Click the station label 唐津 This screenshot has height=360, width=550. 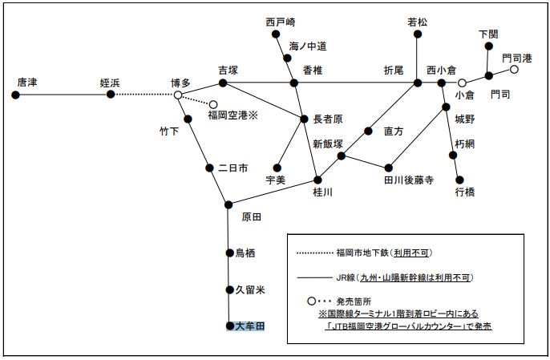click(x=27, y=82)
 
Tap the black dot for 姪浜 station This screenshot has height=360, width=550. click(x=111, y=95)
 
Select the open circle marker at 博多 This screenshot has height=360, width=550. click(x=178, y=95)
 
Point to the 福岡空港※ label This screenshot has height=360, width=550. click(x=231, y=115)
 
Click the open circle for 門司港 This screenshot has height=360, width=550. click(x=514, y=70)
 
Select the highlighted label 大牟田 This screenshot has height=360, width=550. click(x=245, y=326)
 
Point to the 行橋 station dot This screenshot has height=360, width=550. click(x=459, y=180)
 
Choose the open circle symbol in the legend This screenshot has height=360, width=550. click(x=311, y=301)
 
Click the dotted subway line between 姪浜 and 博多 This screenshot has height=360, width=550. click(x=144, y=95)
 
